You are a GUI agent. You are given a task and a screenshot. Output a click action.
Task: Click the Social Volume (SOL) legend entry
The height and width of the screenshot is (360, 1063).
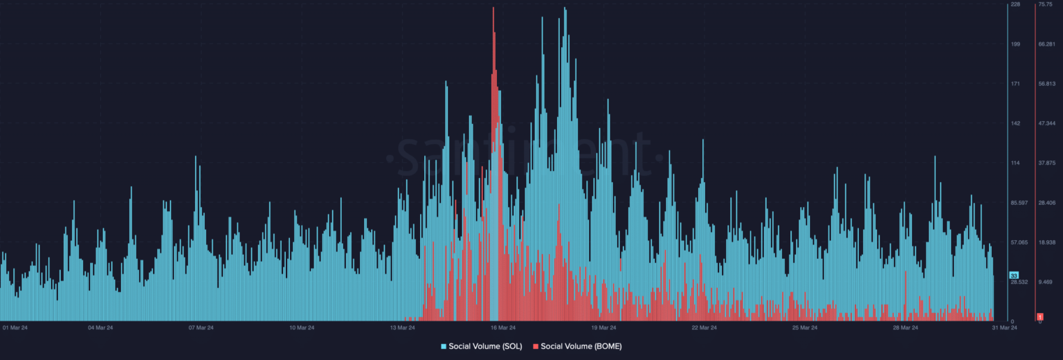[481, 345]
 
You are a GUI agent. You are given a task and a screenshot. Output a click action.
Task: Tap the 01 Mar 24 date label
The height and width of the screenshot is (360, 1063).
[15, 327]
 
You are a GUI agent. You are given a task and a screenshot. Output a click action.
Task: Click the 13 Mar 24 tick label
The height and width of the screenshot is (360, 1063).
[403, 327]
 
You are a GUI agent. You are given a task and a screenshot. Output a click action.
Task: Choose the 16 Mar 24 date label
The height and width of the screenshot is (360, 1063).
[503, 327]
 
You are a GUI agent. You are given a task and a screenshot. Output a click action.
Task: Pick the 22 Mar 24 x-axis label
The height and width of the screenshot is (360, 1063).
[704, 327]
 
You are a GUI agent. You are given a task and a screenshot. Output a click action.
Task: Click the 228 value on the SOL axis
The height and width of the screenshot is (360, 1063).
[1015, 5]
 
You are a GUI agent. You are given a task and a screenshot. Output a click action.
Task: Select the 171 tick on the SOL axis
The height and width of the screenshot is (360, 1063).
[1015, 84]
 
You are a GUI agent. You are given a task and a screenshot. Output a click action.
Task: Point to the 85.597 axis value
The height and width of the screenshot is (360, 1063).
[1019, 203]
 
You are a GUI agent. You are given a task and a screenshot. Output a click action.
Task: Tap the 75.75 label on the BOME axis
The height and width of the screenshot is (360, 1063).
[1045, 5]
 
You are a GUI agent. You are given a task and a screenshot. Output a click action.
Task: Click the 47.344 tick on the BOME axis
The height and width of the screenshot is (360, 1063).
[1046, 124]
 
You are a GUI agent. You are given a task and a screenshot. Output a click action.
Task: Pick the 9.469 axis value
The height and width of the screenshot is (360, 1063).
[1045, 282]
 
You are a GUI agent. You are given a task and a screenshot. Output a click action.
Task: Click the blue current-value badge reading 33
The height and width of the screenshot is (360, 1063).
[1014, 276]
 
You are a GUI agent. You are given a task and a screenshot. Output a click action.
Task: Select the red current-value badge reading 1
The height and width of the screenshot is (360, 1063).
[1039, 316]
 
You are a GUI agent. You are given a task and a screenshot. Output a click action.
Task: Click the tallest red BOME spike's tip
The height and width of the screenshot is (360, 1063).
[493, 8]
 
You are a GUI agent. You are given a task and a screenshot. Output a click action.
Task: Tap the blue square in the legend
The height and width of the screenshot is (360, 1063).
[444, 345]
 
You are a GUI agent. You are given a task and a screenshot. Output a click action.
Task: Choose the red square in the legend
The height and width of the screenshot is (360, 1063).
[536, 345]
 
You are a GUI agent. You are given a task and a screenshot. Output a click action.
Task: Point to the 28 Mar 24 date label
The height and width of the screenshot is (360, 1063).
[905, 327]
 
